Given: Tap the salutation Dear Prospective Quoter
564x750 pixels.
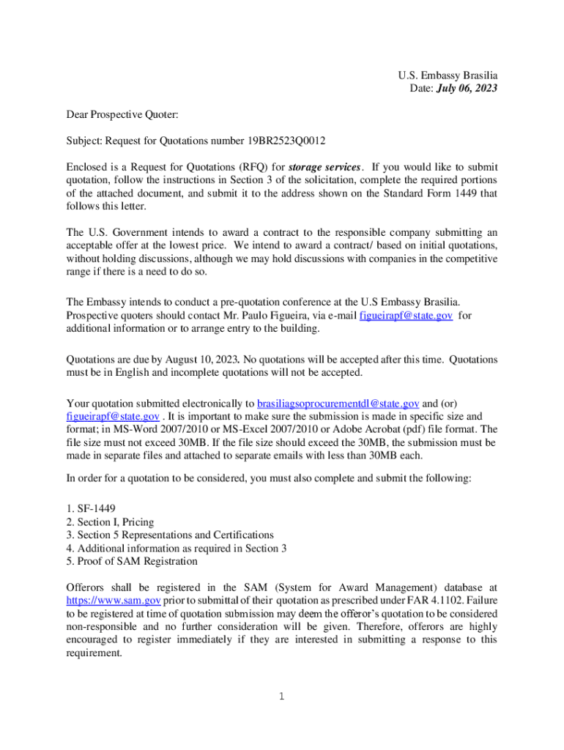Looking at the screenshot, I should pyautogui.click(x=122, y=114).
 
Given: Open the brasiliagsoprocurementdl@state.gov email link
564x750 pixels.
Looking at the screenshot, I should pyautogui.click(x=338, y=403).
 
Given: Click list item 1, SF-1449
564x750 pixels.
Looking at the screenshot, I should pyautogui.click(x=91, y=508).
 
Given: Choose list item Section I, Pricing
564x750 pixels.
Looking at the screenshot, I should pyautogui.click(x=110, y=521).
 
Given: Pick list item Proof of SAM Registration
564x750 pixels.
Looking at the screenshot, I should pyautogui.click(x=132, y=561).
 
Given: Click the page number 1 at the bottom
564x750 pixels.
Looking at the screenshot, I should pyautogui.click(x=281, y=696).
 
